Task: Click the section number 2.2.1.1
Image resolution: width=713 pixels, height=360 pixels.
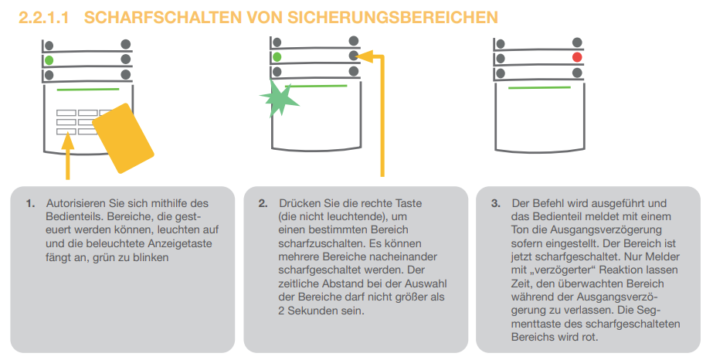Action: click(x=44, y=18)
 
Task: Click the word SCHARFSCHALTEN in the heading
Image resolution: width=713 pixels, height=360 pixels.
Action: click(x=163, y=18)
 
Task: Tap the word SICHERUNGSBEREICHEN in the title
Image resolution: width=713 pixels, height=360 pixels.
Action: click(x=393, y=18)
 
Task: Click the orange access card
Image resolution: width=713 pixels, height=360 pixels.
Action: click(x=123, y=138)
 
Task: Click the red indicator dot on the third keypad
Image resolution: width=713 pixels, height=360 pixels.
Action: click(x=577, y=57)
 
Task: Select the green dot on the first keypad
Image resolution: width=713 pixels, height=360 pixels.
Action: click(x=49, y=60)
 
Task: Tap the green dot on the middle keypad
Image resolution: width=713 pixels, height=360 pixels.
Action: click(x=277, y=57)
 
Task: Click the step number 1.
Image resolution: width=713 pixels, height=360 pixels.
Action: click(x=30, y=204)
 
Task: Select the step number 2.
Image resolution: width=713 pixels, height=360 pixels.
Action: click(x=263, y=204)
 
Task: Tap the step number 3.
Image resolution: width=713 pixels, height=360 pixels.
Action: click(x=496, y=204)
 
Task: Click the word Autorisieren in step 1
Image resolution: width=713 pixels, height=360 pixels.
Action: click(x=76, y=203)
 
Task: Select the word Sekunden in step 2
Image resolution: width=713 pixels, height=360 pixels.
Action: click(x=314, y=311)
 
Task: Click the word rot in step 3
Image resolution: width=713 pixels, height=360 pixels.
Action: click(x=589, y=338)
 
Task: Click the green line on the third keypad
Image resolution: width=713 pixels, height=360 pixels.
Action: click(x=539, y=87)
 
